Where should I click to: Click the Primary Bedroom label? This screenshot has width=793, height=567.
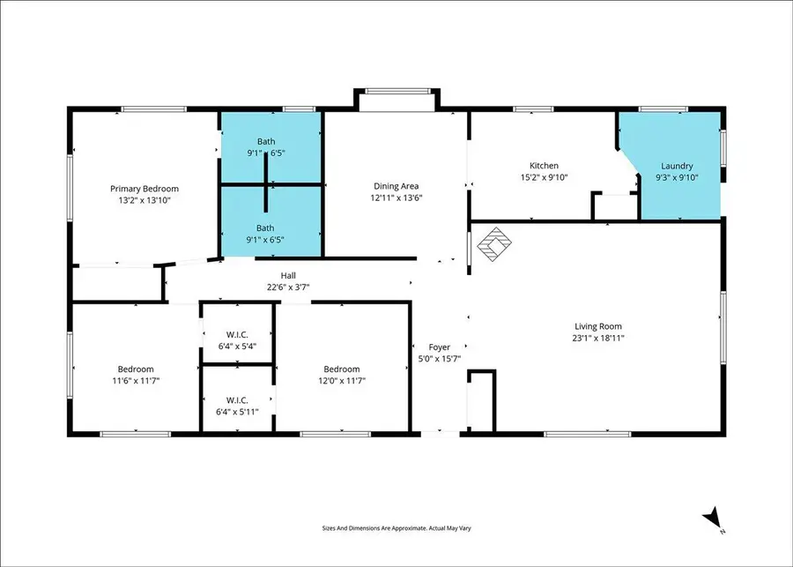145,189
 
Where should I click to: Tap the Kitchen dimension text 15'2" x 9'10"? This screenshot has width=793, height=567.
544,177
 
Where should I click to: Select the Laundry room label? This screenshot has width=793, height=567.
678,166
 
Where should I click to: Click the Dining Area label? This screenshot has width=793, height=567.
396,186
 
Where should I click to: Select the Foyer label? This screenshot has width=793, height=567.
440,347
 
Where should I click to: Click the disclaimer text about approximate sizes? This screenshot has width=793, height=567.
396,529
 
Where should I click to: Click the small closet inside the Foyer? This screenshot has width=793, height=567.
481,401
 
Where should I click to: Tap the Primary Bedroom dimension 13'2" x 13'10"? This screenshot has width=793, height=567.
145,200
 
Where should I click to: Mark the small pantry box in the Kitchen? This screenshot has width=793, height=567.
613,206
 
